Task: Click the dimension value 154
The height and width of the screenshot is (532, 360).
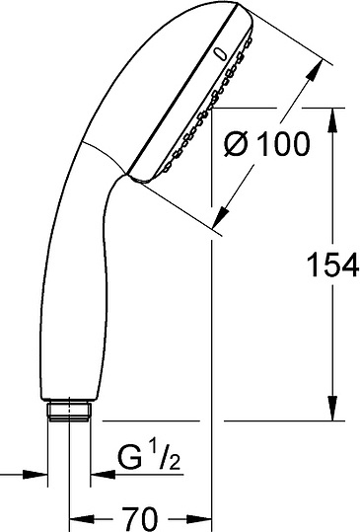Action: (x=332, y=265)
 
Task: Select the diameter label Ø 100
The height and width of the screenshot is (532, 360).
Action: (x=266, y=144)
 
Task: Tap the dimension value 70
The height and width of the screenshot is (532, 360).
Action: (x=140, y=519)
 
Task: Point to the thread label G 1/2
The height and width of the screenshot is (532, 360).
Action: (x=149, y=457)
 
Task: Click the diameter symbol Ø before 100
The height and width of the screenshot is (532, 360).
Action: (x=238, y=144)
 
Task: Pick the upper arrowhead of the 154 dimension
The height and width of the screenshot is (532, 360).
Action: (x=332, y=120)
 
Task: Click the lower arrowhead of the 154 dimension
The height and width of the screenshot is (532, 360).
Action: (x=332, y=410)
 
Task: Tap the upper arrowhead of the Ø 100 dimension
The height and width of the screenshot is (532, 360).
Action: (x=314, y=71)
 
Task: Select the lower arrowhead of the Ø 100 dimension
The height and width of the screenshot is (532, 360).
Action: (x=221, y=217)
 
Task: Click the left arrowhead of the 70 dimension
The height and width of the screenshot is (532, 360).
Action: (x=81, y=519)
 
